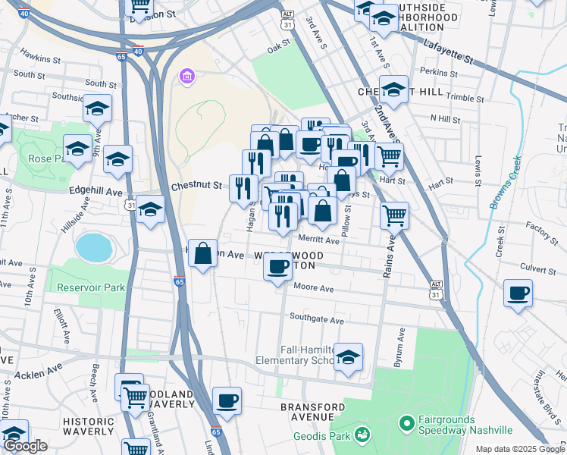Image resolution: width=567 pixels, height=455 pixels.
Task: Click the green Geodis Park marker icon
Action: (363, 433)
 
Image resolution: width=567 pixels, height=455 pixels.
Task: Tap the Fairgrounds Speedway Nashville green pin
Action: (406, 421)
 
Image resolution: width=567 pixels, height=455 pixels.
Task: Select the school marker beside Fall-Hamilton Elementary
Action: (348, 356)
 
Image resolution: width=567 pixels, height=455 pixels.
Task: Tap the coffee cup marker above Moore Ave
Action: (278, 267)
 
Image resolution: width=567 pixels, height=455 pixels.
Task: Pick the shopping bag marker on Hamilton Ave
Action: (203, 254)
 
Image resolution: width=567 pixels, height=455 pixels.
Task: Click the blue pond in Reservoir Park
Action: (92, 246)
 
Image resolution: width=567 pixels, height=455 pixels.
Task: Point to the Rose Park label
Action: (49, 159)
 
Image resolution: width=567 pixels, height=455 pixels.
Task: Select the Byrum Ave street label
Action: (398, 348)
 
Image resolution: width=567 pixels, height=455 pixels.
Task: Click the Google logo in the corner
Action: (26, 446)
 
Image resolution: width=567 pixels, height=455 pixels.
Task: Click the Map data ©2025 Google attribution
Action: (520, 449)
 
